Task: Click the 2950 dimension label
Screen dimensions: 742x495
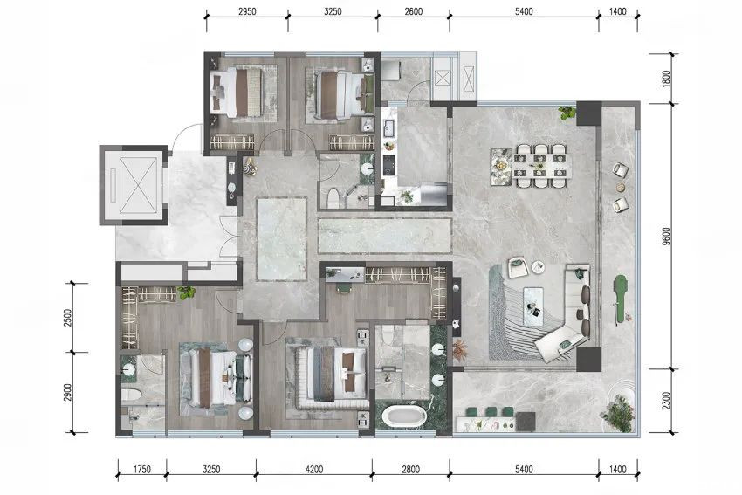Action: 247,12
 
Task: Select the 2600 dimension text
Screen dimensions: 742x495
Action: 414,12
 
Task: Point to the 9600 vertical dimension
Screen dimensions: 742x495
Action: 666,237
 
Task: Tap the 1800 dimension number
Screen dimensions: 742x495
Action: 666,79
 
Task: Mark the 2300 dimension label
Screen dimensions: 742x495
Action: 666,401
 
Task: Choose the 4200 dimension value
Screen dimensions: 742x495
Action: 314,470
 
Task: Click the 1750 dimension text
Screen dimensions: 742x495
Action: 142,470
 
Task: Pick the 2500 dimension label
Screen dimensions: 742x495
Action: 68,318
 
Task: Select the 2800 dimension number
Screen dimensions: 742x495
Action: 411,470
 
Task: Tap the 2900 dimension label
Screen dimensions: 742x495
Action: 68,392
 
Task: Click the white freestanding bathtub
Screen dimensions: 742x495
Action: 404,416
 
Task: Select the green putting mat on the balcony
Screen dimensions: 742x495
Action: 619,300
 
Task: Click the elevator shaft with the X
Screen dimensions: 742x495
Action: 138,185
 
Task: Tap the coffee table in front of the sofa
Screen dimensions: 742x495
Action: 536,306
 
